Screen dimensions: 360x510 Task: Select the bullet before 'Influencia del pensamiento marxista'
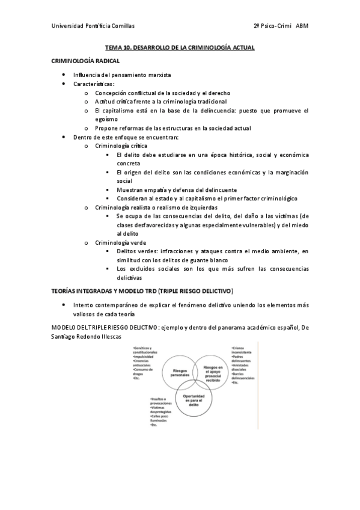tap(64, 75)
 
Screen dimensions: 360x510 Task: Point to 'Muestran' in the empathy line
tap(130, 189)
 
